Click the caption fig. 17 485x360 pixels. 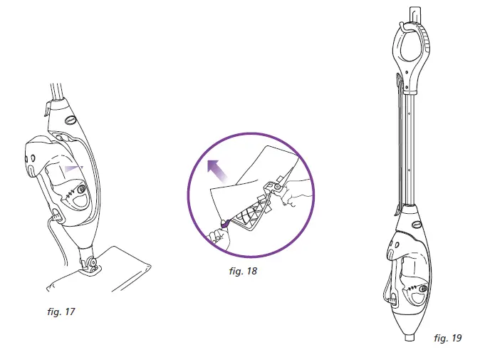61,312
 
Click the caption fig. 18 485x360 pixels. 243,271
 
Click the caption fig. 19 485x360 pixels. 447,338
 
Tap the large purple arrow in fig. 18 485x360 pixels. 217,171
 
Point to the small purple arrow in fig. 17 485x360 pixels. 73,169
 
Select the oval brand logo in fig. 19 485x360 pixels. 418,223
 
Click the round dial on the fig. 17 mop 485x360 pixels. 82,190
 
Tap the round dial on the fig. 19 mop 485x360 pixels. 423,289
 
